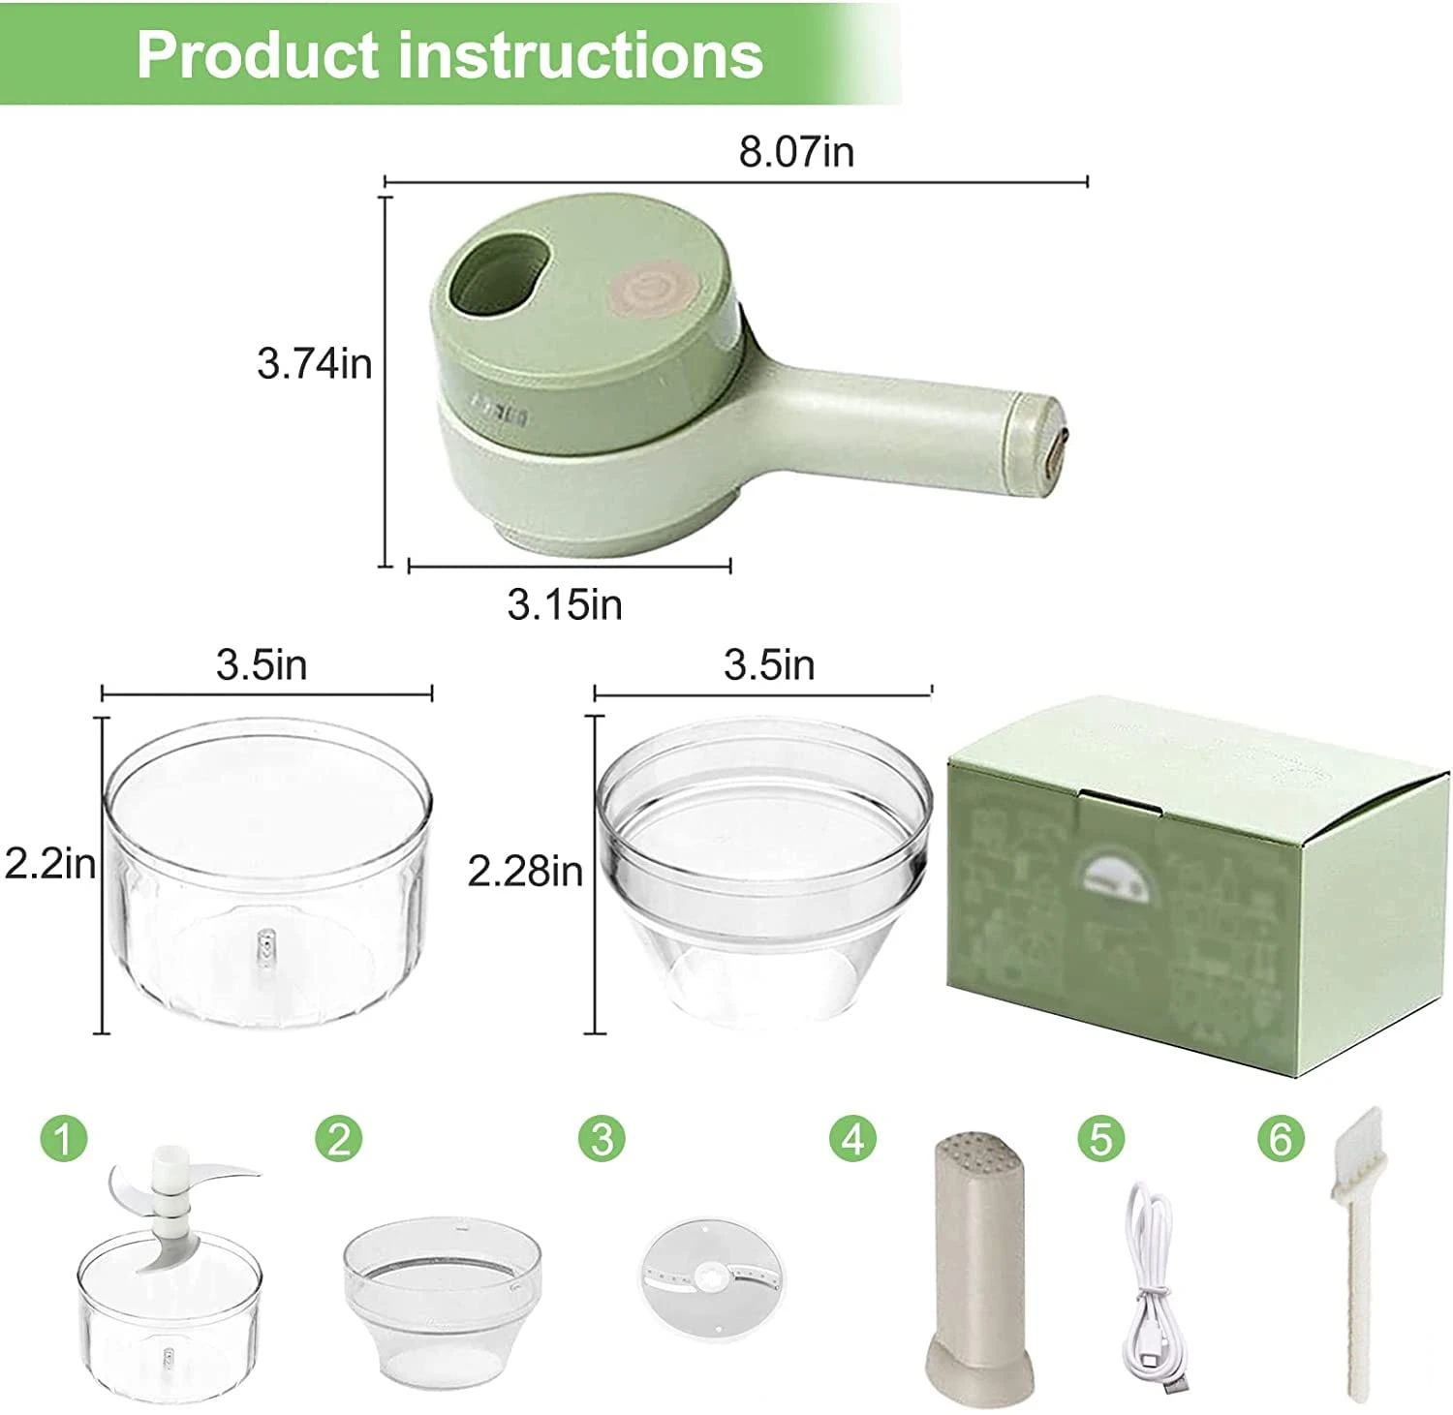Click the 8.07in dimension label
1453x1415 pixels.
(x=796, y=152)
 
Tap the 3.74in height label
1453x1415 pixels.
(x=314, y=364)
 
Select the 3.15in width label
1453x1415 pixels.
(x=565, y=604)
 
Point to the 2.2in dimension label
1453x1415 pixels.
(x=49, y=862)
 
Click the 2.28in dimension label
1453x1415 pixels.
(x=525, y=871)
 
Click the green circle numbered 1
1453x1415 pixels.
(x=64, y=1139)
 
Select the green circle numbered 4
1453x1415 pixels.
(x=852, y=1139)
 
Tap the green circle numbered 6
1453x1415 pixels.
(x=1281, y=1139)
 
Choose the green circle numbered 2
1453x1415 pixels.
(x=338, y=1139)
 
